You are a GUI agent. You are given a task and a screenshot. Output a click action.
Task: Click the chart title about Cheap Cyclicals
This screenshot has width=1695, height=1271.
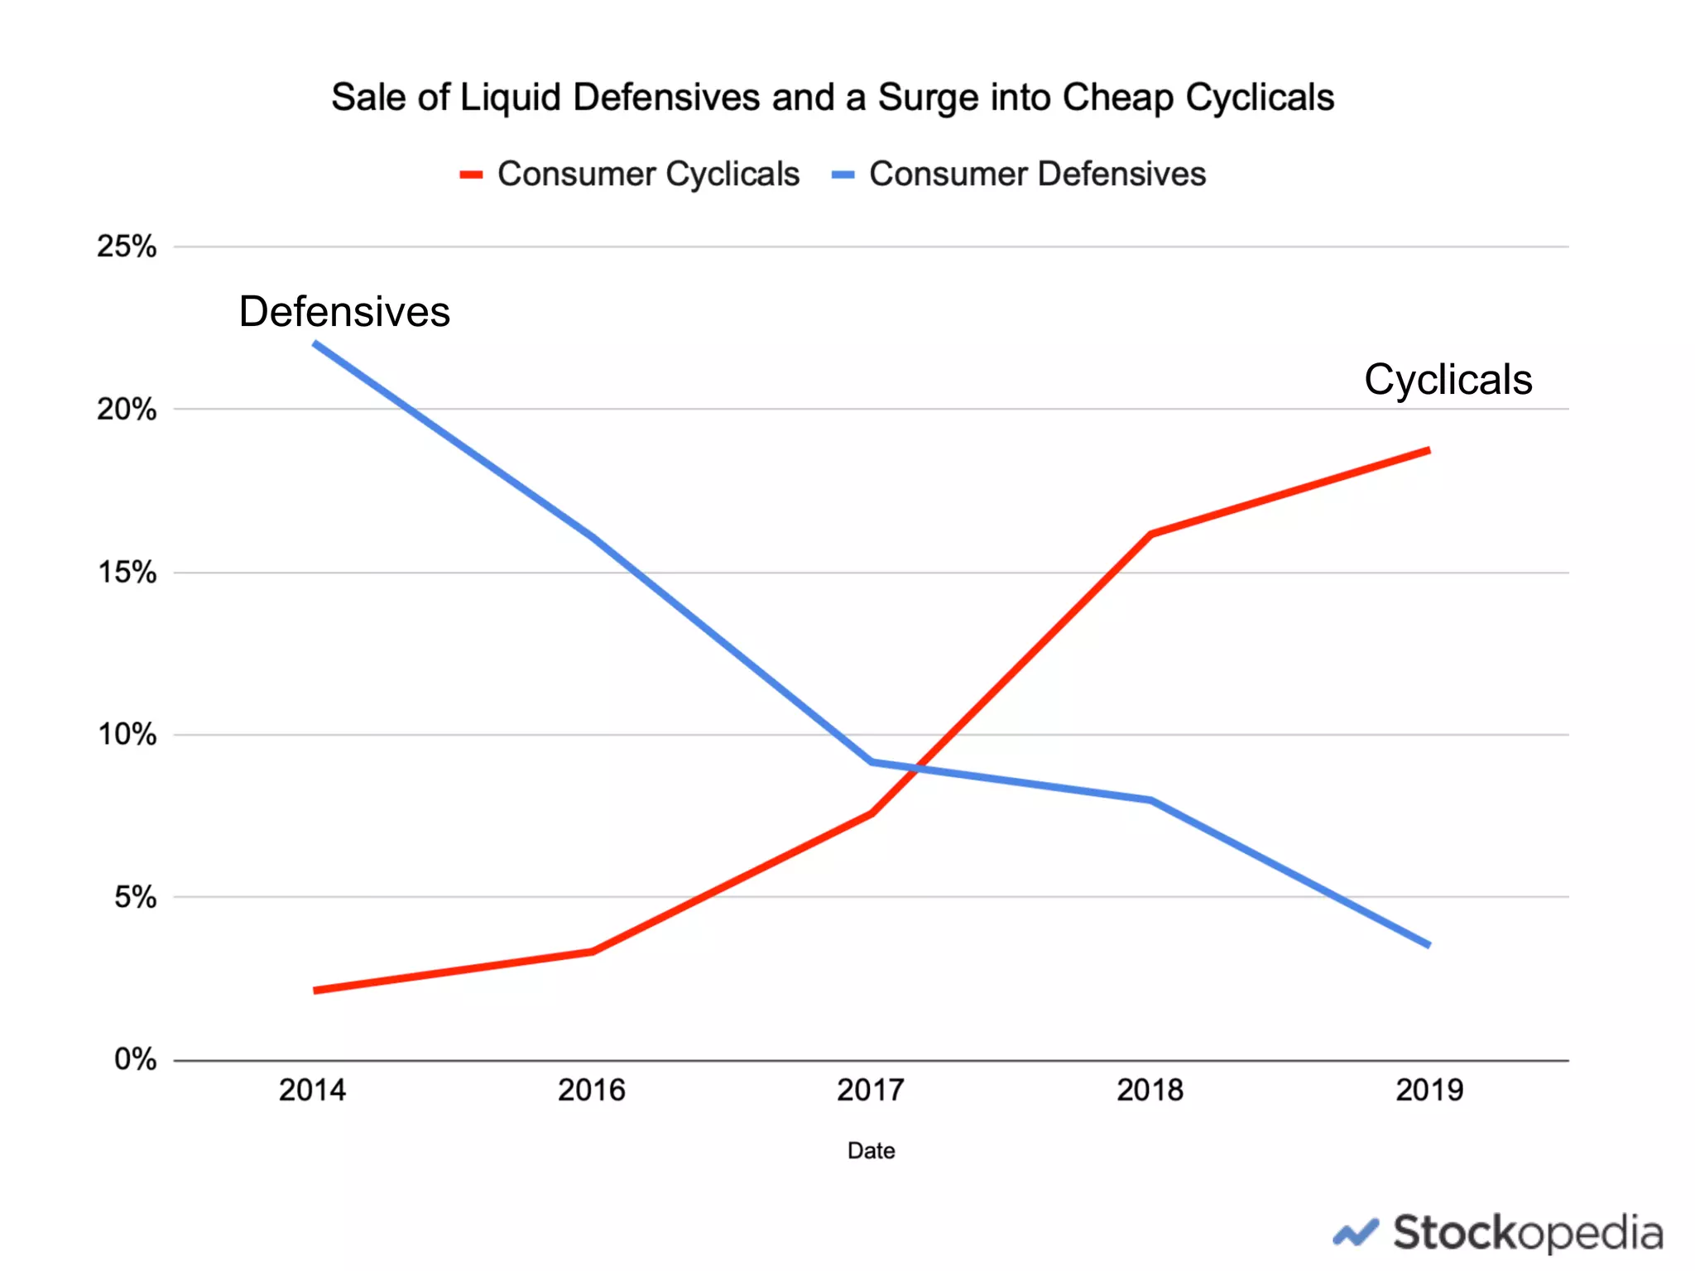pos(833,98)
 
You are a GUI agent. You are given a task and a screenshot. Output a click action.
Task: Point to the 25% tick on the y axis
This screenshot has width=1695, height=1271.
pos(127,247)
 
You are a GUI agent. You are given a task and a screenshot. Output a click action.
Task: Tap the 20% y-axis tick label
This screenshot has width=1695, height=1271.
pos(127,410)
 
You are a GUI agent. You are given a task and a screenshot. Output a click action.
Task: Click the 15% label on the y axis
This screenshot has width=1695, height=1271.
pos(127,573)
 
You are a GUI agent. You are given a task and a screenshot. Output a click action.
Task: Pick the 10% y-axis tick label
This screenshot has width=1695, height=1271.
pos(127,735)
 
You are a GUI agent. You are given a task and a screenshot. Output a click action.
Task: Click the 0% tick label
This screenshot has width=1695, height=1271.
pos(135,1060)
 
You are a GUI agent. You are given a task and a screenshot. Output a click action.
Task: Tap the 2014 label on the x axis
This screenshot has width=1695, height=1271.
pos(312,1091)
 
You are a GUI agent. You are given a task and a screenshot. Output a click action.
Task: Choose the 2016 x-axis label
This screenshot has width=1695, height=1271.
pos(591,1091)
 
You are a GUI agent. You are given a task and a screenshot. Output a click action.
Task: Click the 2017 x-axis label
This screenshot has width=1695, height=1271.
pos(871,1091)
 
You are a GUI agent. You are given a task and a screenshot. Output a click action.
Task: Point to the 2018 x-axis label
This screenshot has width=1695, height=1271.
pos(1150,1091)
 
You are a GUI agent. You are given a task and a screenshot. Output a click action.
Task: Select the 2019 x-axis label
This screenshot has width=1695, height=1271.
pos(1429,1091)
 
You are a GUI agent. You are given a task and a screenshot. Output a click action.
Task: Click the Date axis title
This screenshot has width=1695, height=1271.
pos(871,1151)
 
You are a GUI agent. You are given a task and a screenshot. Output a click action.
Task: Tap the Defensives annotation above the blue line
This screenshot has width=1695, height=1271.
pos(344,313)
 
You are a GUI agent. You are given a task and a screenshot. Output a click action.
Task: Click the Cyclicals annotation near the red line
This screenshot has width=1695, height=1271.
pos(1448,381)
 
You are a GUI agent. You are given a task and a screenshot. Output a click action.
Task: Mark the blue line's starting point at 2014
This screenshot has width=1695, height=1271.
pos(315,343)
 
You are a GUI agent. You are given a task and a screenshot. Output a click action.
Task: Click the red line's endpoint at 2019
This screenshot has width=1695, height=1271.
pos(1428,451)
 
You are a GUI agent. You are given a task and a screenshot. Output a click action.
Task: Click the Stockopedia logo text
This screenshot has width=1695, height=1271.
pos(1527,1234)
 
